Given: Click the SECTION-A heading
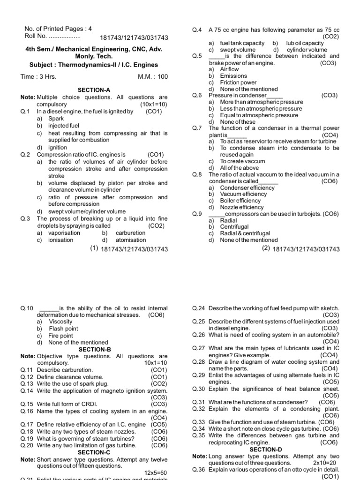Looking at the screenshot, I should (94, 90).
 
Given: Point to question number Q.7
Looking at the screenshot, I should (197, 128).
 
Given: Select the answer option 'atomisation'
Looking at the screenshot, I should (131, 240).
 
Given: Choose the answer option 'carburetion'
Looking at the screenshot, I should (130, 233).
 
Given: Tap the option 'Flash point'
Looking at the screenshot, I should (63, 329).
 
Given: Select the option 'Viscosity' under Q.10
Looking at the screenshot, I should (60, 322).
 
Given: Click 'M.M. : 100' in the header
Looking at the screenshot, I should (152, 76).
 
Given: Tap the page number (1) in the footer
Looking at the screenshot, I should (94, 249).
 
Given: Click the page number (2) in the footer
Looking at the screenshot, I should (266, 249).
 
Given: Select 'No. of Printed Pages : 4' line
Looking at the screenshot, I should (55, 28).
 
